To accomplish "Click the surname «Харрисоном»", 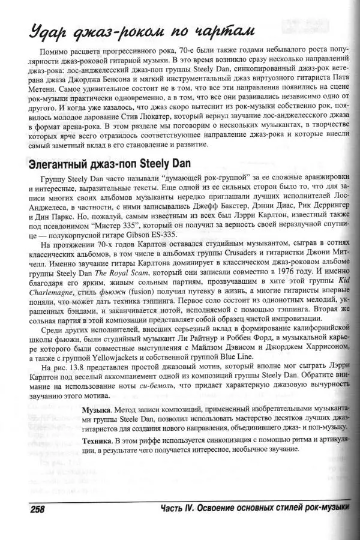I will (320, 348).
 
